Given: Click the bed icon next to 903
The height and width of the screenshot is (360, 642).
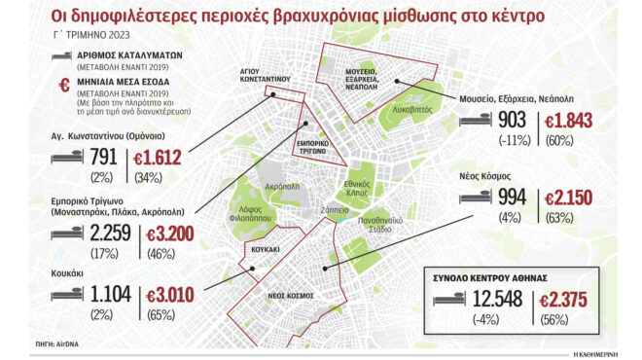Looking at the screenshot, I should click(472, 121).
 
